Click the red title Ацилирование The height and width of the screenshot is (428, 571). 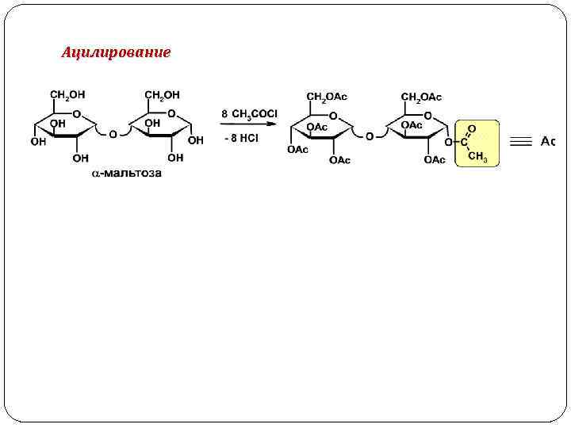(x=116, y=53)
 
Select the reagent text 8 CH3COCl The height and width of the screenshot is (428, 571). (x=249, y=114)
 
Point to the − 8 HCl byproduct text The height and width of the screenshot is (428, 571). (x=241, y=138)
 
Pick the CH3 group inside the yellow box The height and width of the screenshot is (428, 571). (x=477, y=155)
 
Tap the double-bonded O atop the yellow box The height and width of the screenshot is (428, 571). (x=472, y=128)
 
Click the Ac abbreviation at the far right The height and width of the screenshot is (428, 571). (x=547, y=141)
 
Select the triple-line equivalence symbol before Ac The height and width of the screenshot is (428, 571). (x=520, y=142)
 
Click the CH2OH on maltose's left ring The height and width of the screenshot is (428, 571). (x=67, y=95)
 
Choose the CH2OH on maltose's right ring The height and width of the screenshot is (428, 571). (x=162, y=95)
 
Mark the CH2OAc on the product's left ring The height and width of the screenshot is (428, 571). (x=327, y=97)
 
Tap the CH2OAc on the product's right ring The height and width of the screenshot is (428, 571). (x=421, y=97)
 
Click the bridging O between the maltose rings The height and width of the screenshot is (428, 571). (x=113, y=135)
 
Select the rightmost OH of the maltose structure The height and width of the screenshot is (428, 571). (x=196, y=140)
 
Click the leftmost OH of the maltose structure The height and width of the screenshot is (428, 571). (x=37, y=143)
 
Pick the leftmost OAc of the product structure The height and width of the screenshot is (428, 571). (x=297, y=149)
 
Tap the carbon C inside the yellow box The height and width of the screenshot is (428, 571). (x=465, y=142)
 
